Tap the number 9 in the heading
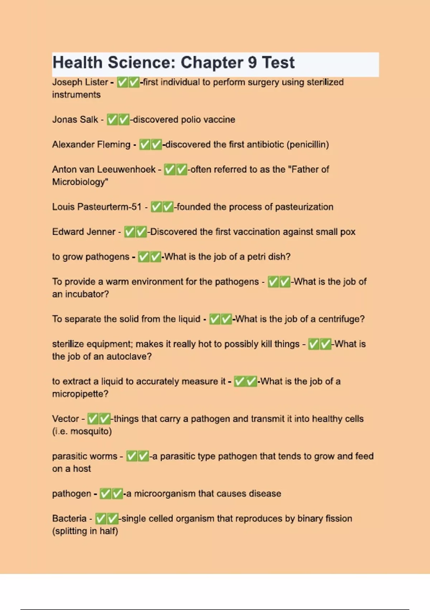pos(252,63)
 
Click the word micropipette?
pos(80,394)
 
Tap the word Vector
pos(65,419)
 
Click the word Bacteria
pos(69,518)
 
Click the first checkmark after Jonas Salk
pos(113,119)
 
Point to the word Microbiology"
pos(80,182)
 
